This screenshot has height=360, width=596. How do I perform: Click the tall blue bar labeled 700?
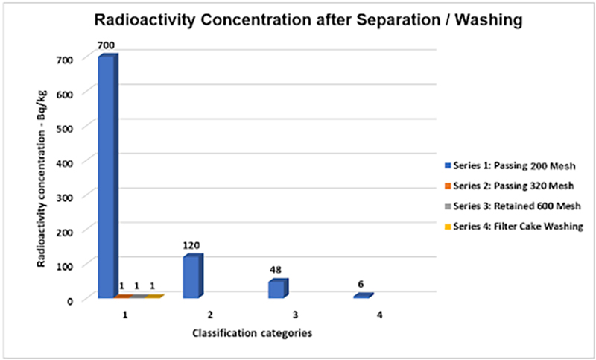click(x=107, y=177)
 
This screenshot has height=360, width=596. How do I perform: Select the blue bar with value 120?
click(x=192, y=277)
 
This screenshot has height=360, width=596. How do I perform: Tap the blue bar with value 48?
click(x=277, y=288)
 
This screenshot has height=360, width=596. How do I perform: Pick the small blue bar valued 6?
click(x=362, y=296)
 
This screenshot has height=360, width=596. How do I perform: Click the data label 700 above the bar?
click(x=106, y=45)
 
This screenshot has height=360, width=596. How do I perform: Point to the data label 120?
click(x=193, y=244)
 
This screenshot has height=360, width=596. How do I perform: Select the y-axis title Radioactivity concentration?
click(x=45, y=179)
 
